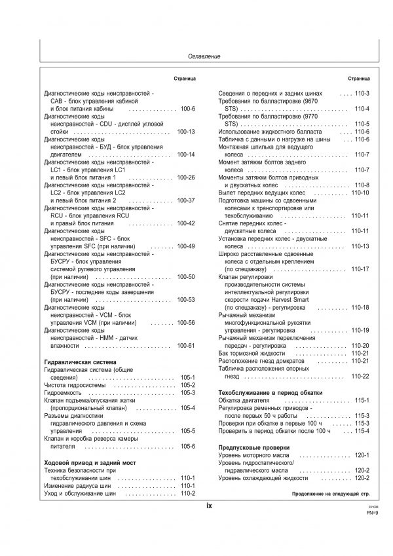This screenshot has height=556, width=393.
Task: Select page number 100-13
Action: pos(186,132)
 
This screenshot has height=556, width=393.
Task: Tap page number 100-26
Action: pos(186,177)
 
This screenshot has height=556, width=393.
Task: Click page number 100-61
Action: pos(186,345)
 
